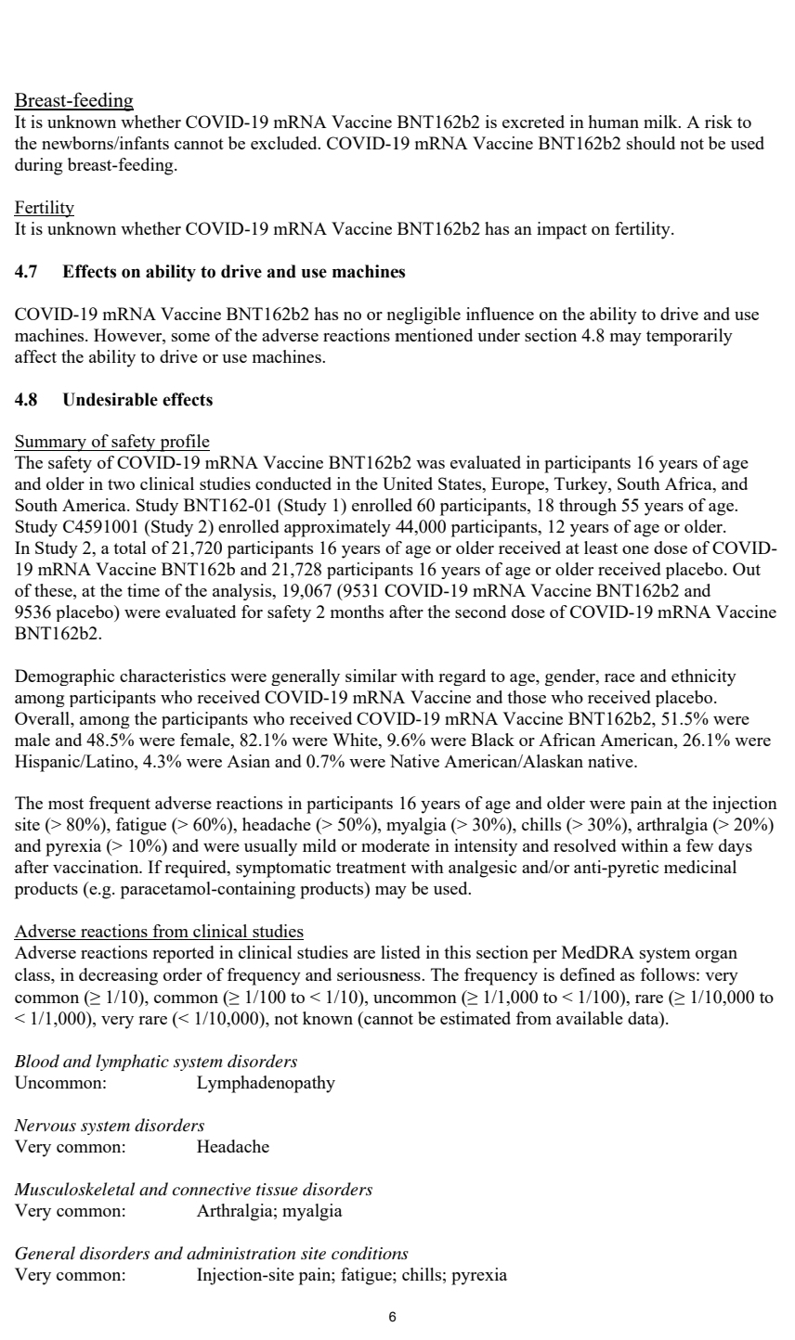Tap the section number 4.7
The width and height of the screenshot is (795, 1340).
(28, 273)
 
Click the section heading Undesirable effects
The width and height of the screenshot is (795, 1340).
(137, 400)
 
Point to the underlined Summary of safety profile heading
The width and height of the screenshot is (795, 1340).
(112, 440)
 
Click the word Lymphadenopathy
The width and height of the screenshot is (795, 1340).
(266, 1082)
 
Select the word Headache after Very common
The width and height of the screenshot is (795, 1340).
(232, 1146)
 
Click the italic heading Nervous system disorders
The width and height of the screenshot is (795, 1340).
(111, 1126)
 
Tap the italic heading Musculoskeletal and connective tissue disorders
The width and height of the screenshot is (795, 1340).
(194, 1189)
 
